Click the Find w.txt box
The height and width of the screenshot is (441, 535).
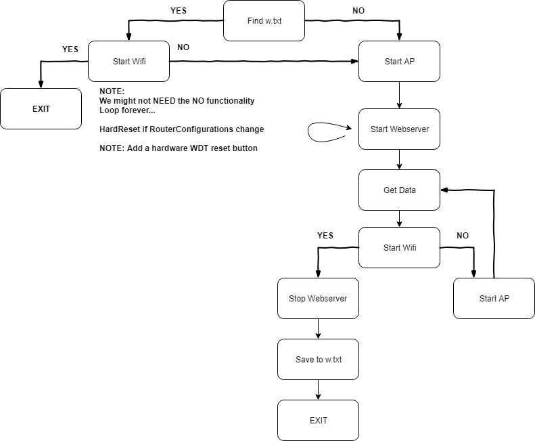point(264,20)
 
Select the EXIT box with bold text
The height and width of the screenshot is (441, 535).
point(41,108)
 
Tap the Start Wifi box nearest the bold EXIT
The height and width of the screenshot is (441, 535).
point(129,61)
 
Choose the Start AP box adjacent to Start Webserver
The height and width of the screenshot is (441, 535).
point(399,61)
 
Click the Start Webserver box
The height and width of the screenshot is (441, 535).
point(399,129)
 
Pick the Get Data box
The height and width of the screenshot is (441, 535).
point(399,190)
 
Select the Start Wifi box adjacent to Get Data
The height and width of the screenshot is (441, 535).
point(399,247)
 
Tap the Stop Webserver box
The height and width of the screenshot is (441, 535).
point(318,298)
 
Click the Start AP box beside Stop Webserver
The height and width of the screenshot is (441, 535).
point(494,298)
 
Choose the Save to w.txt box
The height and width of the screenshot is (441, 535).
point(318,359)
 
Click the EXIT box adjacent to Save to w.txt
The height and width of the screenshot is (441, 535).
point(318,420)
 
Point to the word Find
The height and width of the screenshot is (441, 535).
point(255,21)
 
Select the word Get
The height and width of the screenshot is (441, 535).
point(390,190)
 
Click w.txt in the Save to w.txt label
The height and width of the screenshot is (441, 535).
point(333,360)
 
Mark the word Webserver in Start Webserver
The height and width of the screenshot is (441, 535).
point(410,129)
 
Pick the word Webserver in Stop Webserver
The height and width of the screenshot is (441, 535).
point(328,299)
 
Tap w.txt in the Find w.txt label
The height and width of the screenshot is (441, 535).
point(273,21)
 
